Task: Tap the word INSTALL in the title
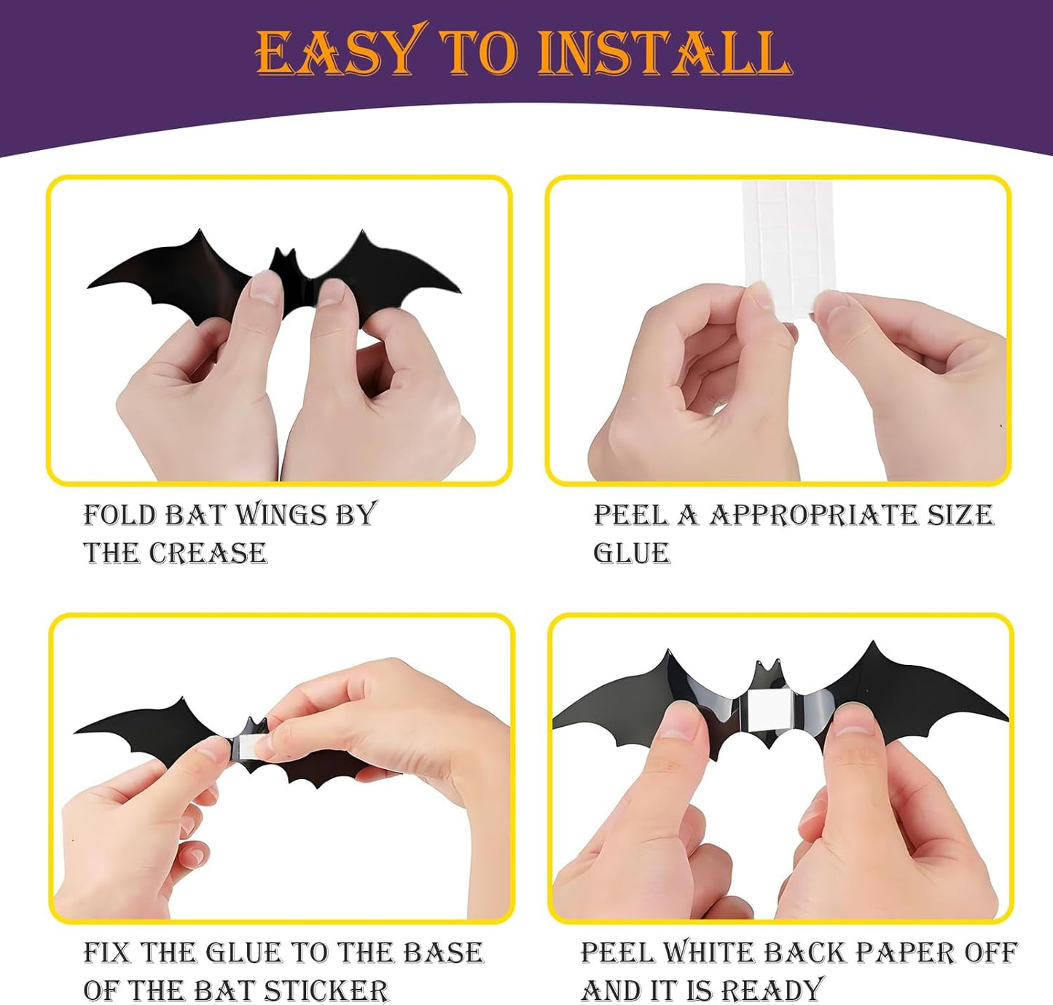[665, 52]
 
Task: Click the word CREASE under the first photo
[208, 553]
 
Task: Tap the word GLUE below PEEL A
[632, 553]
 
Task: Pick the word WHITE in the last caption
[709, 953]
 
